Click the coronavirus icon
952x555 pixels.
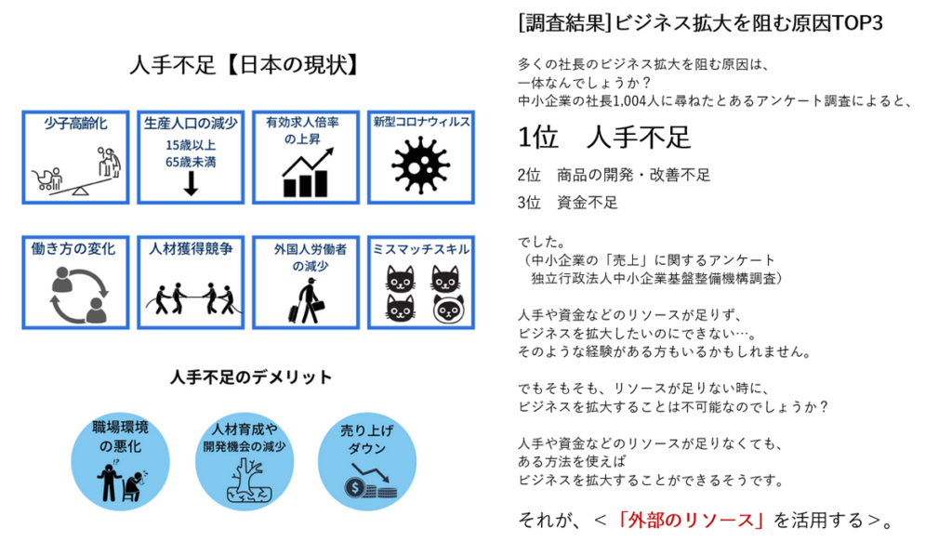tap(421, 165)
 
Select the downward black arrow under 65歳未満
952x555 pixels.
tap(191, 183)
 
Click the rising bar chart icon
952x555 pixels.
tap(307, 173)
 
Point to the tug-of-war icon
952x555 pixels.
tap(191, 297)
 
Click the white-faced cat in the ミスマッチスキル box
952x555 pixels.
tap(448, 309)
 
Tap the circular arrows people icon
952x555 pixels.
tap(78, 295)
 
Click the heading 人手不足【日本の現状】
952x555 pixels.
tap(245, 65)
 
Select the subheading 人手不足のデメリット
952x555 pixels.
tap(251, 377)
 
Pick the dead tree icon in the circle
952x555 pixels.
tap(245, 480)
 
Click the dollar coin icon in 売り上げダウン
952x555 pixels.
tap(354, 487)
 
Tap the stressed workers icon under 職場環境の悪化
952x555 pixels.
tap(122, 481)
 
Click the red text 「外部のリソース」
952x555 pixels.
tap(692, 521)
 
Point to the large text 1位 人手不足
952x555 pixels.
tap(604, 138)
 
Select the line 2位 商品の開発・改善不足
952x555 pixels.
tap(614, 176)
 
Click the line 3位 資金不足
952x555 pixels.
tap(568, 203)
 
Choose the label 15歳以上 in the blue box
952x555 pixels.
tap(191, 145)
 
